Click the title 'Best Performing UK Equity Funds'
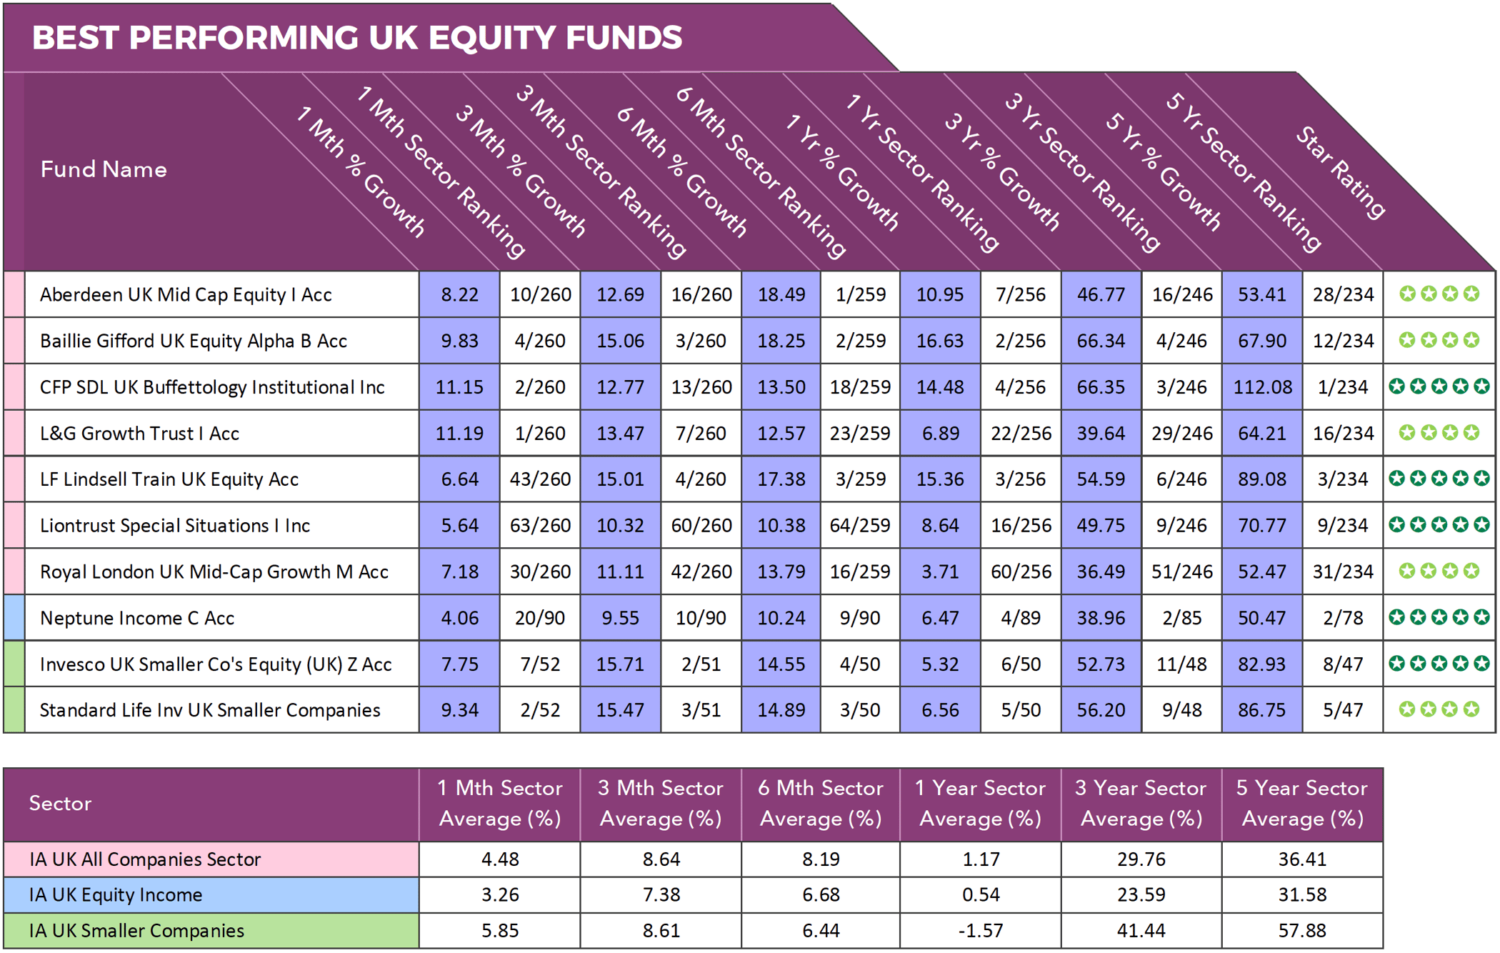point(357,38)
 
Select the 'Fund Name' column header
point(104,169)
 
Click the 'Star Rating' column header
point(1340,171)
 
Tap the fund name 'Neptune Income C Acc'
point(137,618)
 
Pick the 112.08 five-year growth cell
point(1262,387)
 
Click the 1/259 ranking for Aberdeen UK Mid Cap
point(861,294)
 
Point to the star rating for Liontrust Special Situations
point(1439,525)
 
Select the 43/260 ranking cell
point(540,479)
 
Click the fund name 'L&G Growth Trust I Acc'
point(139,434)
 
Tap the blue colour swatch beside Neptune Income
point(14,618)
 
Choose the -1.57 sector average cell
point(981,931)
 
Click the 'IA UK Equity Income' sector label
point(116,895)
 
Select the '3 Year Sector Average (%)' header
point(1141,804)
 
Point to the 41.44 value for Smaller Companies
point(1141,931)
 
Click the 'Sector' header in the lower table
point(61,804)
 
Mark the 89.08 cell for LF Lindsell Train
point(1262,479)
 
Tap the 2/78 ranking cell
point(1343,618)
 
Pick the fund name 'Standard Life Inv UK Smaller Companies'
point(210,710)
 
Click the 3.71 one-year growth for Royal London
point(940,572)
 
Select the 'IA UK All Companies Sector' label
point(145,859)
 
